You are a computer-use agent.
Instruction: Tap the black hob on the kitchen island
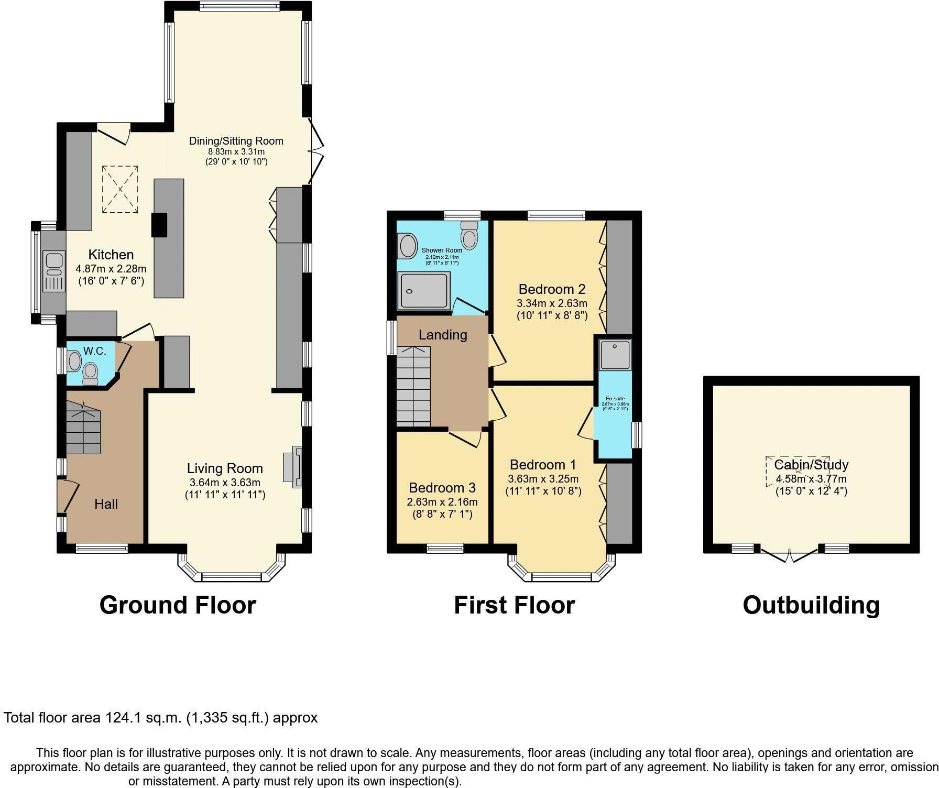(x=159, y=225)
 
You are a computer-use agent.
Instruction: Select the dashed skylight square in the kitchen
(x=120, y=189)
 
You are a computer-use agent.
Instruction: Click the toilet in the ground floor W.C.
(x=91, y=374)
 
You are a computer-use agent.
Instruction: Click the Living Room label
(x=225, y=468)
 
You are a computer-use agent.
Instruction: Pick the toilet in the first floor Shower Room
(x=469, y=235)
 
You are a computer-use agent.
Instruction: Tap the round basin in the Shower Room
(x=407, y=246)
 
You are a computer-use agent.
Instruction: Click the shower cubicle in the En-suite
(x=616, y=354)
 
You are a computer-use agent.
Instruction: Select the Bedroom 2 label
(x=551, y=289)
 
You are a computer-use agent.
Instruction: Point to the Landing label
(x=443, y=335)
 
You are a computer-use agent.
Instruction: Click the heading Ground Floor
(x=178, y=605)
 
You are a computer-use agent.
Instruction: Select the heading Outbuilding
(x=811, y=605)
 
